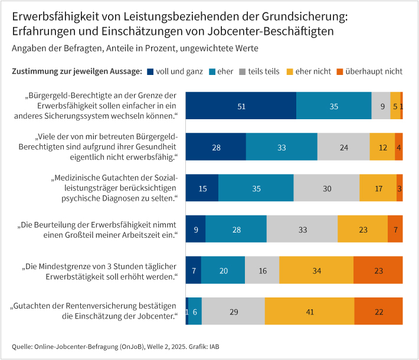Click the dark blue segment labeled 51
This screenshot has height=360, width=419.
[241, 106]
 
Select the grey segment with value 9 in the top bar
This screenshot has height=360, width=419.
[381, 106]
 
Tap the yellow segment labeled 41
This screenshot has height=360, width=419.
[310, 311]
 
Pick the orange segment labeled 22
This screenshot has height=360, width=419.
[379, 311]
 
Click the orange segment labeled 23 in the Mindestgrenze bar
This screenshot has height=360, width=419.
[378, 270]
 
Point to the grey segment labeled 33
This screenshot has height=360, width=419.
[302, 229]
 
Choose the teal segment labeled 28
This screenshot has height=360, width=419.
[236, 229]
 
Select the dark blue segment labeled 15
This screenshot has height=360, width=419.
[202, 188]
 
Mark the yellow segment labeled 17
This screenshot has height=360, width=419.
[378, 188]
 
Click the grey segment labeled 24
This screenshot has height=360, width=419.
[343, 148]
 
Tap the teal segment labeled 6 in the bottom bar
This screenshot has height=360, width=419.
[195, 311]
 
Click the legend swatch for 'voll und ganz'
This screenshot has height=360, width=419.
[150, 71]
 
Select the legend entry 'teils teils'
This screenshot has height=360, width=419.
[259, 71]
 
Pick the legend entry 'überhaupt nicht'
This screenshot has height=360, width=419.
[373, 71]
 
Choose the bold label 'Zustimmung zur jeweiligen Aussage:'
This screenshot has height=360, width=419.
[77, 71]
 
